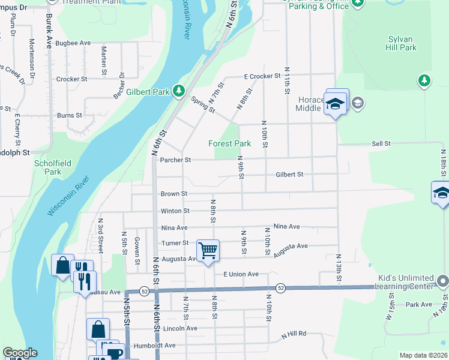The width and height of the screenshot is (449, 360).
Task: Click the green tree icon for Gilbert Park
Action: point(178,91)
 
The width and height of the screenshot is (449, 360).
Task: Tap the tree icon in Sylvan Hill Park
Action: point(424,80)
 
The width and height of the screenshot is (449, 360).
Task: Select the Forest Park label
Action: point(229,143)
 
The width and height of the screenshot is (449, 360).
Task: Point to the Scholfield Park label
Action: point(48,167)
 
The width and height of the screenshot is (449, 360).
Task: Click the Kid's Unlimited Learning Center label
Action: point(405,282)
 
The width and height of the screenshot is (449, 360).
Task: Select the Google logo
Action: point(20,353)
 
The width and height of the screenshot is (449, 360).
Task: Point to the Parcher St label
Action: point(175,160)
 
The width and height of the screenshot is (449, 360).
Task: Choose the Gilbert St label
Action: point(289,175)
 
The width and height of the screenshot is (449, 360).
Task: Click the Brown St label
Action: point(174,194)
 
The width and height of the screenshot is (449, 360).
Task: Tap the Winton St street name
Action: point(175,211)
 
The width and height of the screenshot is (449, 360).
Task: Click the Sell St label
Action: point(381,144)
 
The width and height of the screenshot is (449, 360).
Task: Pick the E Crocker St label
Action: point(262,76)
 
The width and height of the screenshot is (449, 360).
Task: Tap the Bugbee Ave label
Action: point(73,43)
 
